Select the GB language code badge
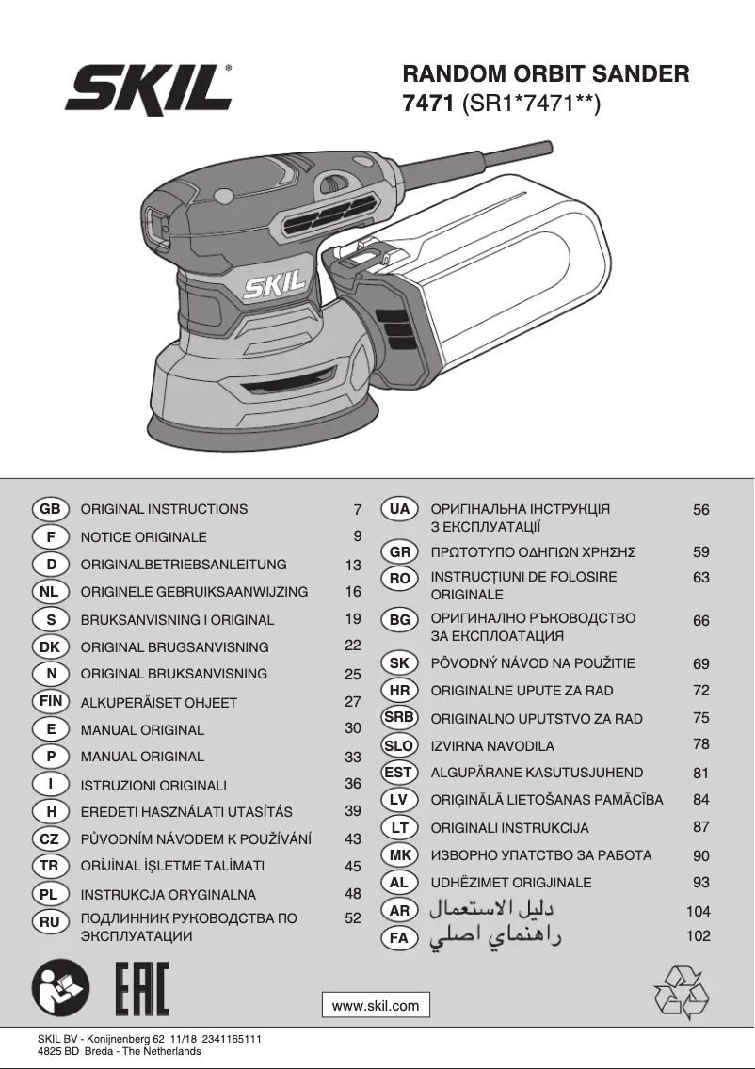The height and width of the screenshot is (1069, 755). (x=51, y=509)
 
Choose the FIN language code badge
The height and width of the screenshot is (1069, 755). (x=51, y=701)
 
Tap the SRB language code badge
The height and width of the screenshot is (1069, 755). (x=399, y=717)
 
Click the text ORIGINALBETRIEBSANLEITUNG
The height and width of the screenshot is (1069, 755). (x=184, y=565)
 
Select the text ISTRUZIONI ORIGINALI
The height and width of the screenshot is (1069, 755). (x=153, y=784)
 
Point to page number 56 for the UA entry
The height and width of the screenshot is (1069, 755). (x=700, y=510)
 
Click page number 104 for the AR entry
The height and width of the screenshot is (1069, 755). (x=698, y=911)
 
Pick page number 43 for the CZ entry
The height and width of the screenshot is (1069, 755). (x=353, y=838)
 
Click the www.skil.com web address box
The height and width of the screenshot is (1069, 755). (x=376, y=1005)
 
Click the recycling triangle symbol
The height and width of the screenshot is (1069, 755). (x=681, y=992)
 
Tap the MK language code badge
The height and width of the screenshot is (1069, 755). (x=399, y=855)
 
